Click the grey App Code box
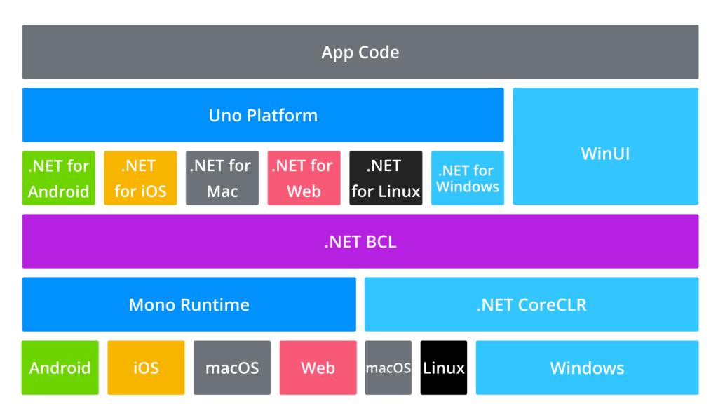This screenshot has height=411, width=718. (x=360, y=52)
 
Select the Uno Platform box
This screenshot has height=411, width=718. (x=263, y=115)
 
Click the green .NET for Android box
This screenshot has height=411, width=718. (x=58, y=178)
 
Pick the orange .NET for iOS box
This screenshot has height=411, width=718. (x=140, y=178)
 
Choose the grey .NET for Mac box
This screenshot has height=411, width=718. (x=222, y=178)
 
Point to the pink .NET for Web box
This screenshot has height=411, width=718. (x=304, y=178)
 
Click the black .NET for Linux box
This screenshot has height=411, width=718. (x=386, y=178)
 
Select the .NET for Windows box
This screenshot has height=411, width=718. (x=467, y=178)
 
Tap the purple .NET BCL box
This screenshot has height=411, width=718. (x=360, y=241)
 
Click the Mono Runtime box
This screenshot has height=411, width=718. (x=189, y=304)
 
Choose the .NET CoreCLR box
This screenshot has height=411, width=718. (x=531, y=304)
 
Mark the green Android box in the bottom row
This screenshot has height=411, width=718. (x=60, y=368)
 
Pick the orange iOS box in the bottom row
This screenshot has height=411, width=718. (x=146, y=368)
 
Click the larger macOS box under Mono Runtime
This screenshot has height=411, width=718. (x=231, y=368)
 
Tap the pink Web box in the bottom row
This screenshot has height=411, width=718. (x=318, y=368)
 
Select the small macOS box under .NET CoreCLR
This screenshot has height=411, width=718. (x=388, y=368)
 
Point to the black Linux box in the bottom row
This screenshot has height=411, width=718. (x=444, y=368)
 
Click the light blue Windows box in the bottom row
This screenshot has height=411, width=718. (x=587, y=368)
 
